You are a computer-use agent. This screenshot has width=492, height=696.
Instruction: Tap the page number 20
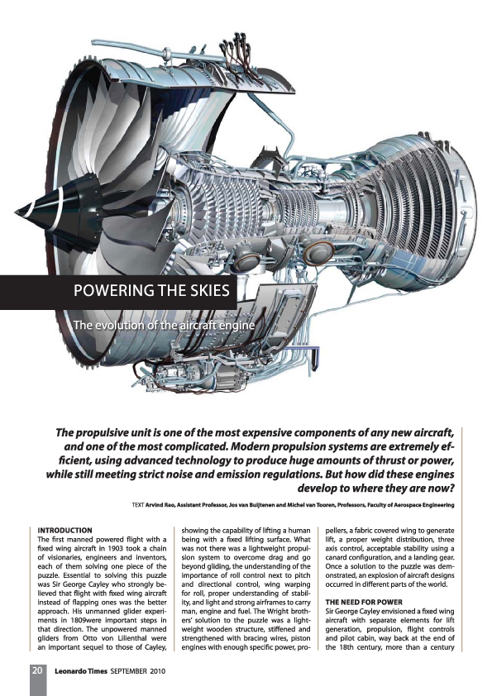coord(37,670)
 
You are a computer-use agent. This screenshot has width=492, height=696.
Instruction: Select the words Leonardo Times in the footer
coord(82,670)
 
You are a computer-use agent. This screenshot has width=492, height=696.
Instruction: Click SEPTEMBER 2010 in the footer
coord(139,670)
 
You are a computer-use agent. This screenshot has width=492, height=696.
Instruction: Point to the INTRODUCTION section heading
coord(69,529)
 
